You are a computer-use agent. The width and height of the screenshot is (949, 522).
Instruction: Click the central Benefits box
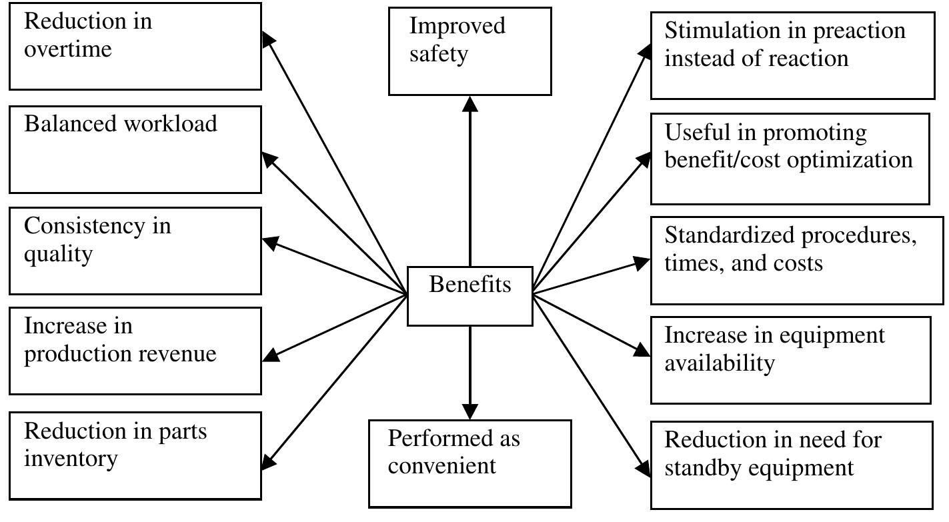coord(469,296)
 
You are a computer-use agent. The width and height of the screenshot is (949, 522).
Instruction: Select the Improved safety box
coord(469,51)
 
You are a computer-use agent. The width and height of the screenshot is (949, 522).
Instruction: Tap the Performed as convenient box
coord(469,463)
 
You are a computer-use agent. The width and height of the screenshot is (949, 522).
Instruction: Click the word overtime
coord(67,49)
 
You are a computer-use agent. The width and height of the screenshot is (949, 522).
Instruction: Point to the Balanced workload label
coord(121,124)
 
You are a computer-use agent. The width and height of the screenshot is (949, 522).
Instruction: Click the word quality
coord(58,254)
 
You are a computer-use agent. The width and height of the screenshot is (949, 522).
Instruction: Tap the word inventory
coord(71,459)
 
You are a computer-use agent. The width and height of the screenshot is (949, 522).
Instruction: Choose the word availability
coord(720,363)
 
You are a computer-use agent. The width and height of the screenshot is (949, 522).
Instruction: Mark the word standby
coord(704,468)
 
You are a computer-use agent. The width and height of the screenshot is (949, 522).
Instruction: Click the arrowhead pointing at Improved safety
coord(470,103)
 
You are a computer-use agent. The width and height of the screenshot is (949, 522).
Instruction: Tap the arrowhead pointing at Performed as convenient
coord(470,411)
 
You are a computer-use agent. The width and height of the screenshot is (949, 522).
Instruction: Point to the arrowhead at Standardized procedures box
coord(642,262)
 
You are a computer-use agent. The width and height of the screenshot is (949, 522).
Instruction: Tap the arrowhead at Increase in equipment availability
coord(642,351)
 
